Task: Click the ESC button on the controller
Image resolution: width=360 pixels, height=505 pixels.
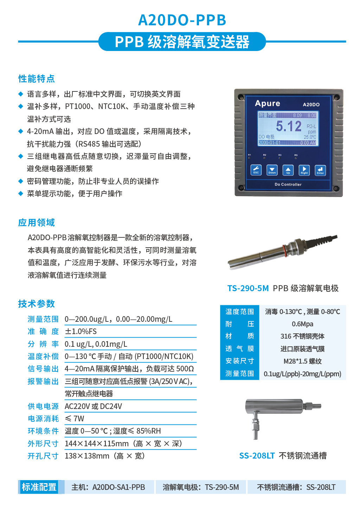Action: tap(256, 170)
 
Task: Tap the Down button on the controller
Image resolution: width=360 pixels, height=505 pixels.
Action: tap(272, 170)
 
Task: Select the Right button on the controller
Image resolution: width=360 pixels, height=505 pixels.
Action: tap(304, 170)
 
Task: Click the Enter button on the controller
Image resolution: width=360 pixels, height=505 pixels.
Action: tap(320, 170)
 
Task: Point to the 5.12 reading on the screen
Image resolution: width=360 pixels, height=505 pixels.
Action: tap(289, 126)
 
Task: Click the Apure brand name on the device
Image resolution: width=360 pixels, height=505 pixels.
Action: tap(268, 103)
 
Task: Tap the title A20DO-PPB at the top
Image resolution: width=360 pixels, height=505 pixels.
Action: tap(182, 20)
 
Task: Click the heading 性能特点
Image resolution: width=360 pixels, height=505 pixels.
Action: tap(37, 79)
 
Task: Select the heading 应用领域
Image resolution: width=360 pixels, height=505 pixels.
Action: tap(37, 223)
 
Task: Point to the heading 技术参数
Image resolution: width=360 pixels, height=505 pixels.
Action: tap(37, 304)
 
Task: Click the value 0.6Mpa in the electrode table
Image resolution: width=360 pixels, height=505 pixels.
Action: tap(302, 324)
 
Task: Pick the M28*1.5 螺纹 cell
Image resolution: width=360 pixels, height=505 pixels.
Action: tap(302, 361)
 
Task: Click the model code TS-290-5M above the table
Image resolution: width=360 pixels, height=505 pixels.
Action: tap(248, 288)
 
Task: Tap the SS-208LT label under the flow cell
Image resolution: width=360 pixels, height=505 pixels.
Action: tap(257, 456)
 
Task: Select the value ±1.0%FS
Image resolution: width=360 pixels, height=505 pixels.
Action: tap(81, 332)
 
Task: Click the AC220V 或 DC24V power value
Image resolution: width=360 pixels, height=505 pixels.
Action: tap(93, 407)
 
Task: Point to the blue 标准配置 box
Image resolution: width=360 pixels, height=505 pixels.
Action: tap(39, 487)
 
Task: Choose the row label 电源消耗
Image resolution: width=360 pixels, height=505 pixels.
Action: tap(43, 419)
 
